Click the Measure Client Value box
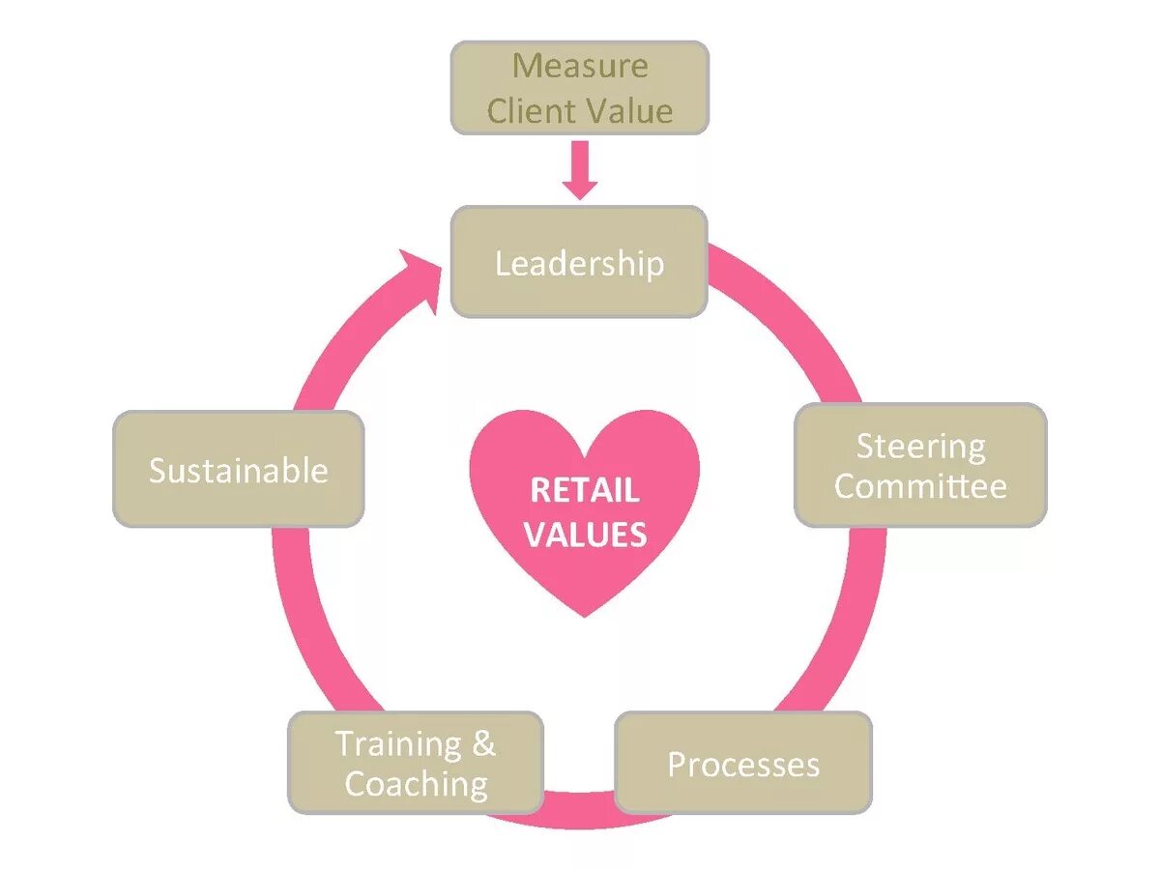(x=580, y=88)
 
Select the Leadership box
(x=580, y=262)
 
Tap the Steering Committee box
(x=920, y=465)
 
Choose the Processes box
(x=743, y=764)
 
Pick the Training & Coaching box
(x=416, y=764)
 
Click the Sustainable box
(x=239, y=470)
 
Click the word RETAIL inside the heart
(x=584, y=491)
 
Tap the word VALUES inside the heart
(x=585, y=535)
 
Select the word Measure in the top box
(x=580, y=66)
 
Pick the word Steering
(x=920, y=446)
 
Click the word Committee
(x=920, y=485)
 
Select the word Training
(x=398, y=743)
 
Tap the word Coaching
(x=416, y=784)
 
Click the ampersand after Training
(x=483, y=743)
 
